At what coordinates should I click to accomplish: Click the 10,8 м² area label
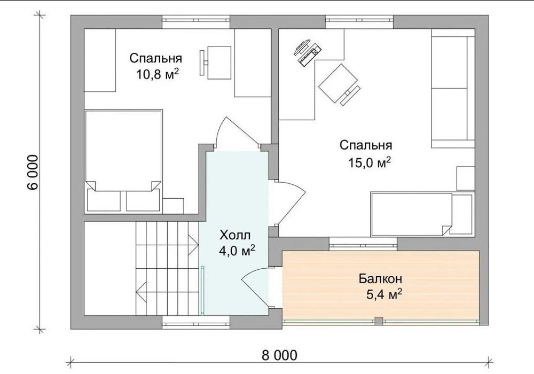pyautogui.click(x=158, y=74)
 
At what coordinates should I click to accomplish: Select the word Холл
pyautogui.click(x=235, y=235)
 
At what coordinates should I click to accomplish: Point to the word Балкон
pyautogui.click(x=380, y=278)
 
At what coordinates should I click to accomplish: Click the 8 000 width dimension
pyautogui.click(x=280, y=355)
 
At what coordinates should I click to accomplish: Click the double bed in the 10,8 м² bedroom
pyautogui.click(x=123, y=150)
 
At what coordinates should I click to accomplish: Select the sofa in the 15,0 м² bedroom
pyautogui.click(x=453, y=92)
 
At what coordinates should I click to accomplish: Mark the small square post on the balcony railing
pyautogui.click(x=379, y=321)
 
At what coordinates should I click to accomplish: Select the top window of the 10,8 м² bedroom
pyautogui.click(x=196, y=22)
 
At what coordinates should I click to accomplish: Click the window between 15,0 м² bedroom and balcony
pyautogui.click(x=363, y=244)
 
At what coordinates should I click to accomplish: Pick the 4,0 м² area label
pyautogui.click(x=238, y=251)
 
